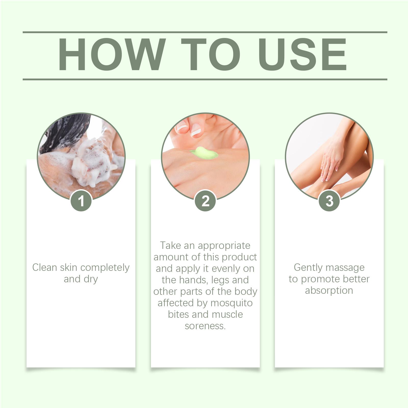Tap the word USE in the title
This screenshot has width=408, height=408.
[x=302, y=54]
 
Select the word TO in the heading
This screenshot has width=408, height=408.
[x=211, y=54]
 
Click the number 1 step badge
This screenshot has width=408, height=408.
[x=81, y=201]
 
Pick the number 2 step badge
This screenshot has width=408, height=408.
[x=205, y=201]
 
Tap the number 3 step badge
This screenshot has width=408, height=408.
[x=329, y=201]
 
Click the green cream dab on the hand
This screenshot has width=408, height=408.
[x=204, y=153]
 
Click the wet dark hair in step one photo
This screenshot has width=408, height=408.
[x=66, y=133]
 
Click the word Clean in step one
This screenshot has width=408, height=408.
[x=45, y=267]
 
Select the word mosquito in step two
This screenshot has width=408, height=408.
[x=232, y=303]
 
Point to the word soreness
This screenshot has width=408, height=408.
[x=205, y=326]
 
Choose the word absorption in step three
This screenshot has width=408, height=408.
[x=329, y=291]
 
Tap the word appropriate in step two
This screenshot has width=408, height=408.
[x=224, y=246]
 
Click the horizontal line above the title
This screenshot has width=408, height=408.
[x=205, y=32]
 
